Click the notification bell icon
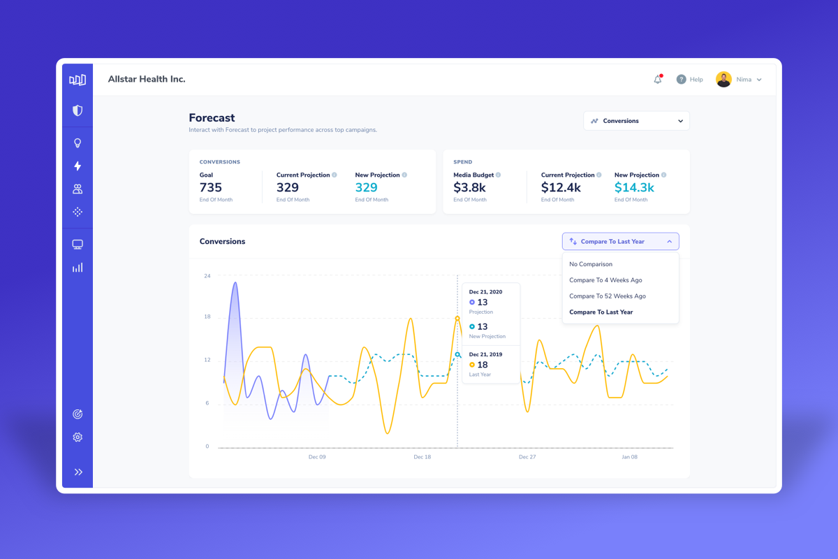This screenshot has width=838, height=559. point(658,80)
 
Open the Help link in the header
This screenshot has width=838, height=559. point(690,80)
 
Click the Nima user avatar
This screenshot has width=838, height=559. point(723,80)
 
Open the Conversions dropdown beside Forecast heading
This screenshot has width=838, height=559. point(636,121)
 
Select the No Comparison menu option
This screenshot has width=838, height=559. point(591,264)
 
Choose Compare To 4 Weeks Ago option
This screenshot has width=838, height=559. point(605,280)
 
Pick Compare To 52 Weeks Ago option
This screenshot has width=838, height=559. point(608,296)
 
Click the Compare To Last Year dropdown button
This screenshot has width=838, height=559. point(620,242)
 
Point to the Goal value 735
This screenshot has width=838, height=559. point(211,187)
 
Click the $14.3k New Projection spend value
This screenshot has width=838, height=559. point(634,187)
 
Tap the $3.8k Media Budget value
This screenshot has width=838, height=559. point(469,187)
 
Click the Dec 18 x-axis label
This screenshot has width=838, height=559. point(422,457)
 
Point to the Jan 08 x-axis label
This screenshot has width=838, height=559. point(629,457)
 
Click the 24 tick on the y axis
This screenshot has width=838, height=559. point(207,276)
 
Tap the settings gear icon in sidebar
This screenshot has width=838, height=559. point(78,437)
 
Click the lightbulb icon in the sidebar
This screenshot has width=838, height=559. point(78,143)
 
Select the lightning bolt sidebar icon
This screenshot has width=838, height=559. point(78,166)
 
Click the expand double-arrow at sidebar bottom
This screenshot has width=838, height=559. point(78,472)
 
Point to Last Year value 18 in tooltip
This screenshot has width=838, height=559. point(482,365)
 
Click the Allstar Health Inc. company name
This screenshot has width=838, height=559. point(147,80)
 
